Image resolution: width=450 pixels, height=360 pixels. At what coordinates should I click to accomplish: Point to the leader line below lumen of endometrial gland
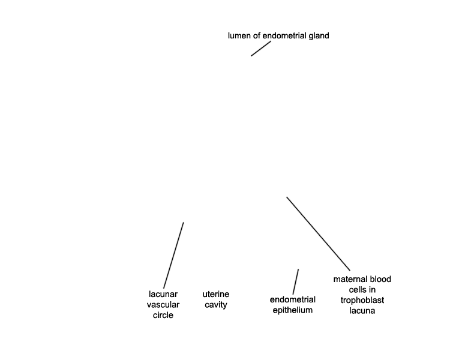[261, 49]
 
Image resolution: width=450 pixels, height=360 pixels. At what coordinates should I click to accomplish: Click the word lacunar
[163, 294]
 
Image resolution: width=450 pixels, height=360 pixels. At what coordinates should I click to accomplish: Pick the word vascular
[163, 305]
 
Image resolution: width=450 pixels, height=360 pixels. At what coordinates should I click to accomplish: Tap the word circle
[163, 315]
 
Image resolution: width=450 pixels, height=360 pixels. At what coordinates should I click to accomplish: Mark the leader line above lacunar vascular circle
[173, 255]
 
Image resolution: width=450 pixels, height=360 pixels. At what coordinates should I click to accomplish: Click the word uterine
[216, 294]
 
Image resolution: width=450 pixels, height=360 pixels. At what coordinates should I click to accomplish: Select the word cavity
[216, 305]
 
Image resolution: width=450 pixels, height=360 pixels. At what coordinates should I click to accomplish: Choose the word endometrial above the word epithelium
[293, 300]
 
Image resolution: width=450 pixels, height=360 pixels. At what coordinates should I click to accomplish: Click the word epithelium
[293, 310]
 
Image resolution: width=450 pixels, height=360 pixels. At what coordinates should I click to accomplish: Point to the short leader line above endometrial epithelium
[296, 281]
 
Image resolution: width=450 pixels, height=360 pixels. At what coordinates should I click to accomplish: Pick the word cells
[358, 290]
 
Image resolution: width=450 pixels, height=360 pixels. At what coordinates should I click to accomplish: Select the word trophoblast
[362, 300]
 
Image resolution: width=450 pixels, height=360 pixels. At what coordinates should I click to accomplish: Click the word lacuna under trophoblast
[362, 311]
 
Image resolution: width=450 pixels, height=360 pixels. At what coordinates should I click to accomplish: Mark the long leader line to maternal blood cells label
[318, 233]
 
